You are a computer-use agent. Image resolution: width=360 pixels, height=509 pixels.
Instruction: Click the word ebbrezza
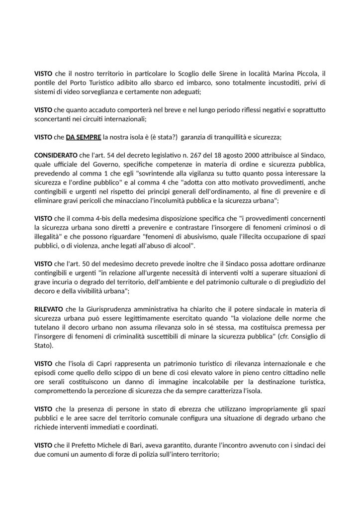coord(159,409)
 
